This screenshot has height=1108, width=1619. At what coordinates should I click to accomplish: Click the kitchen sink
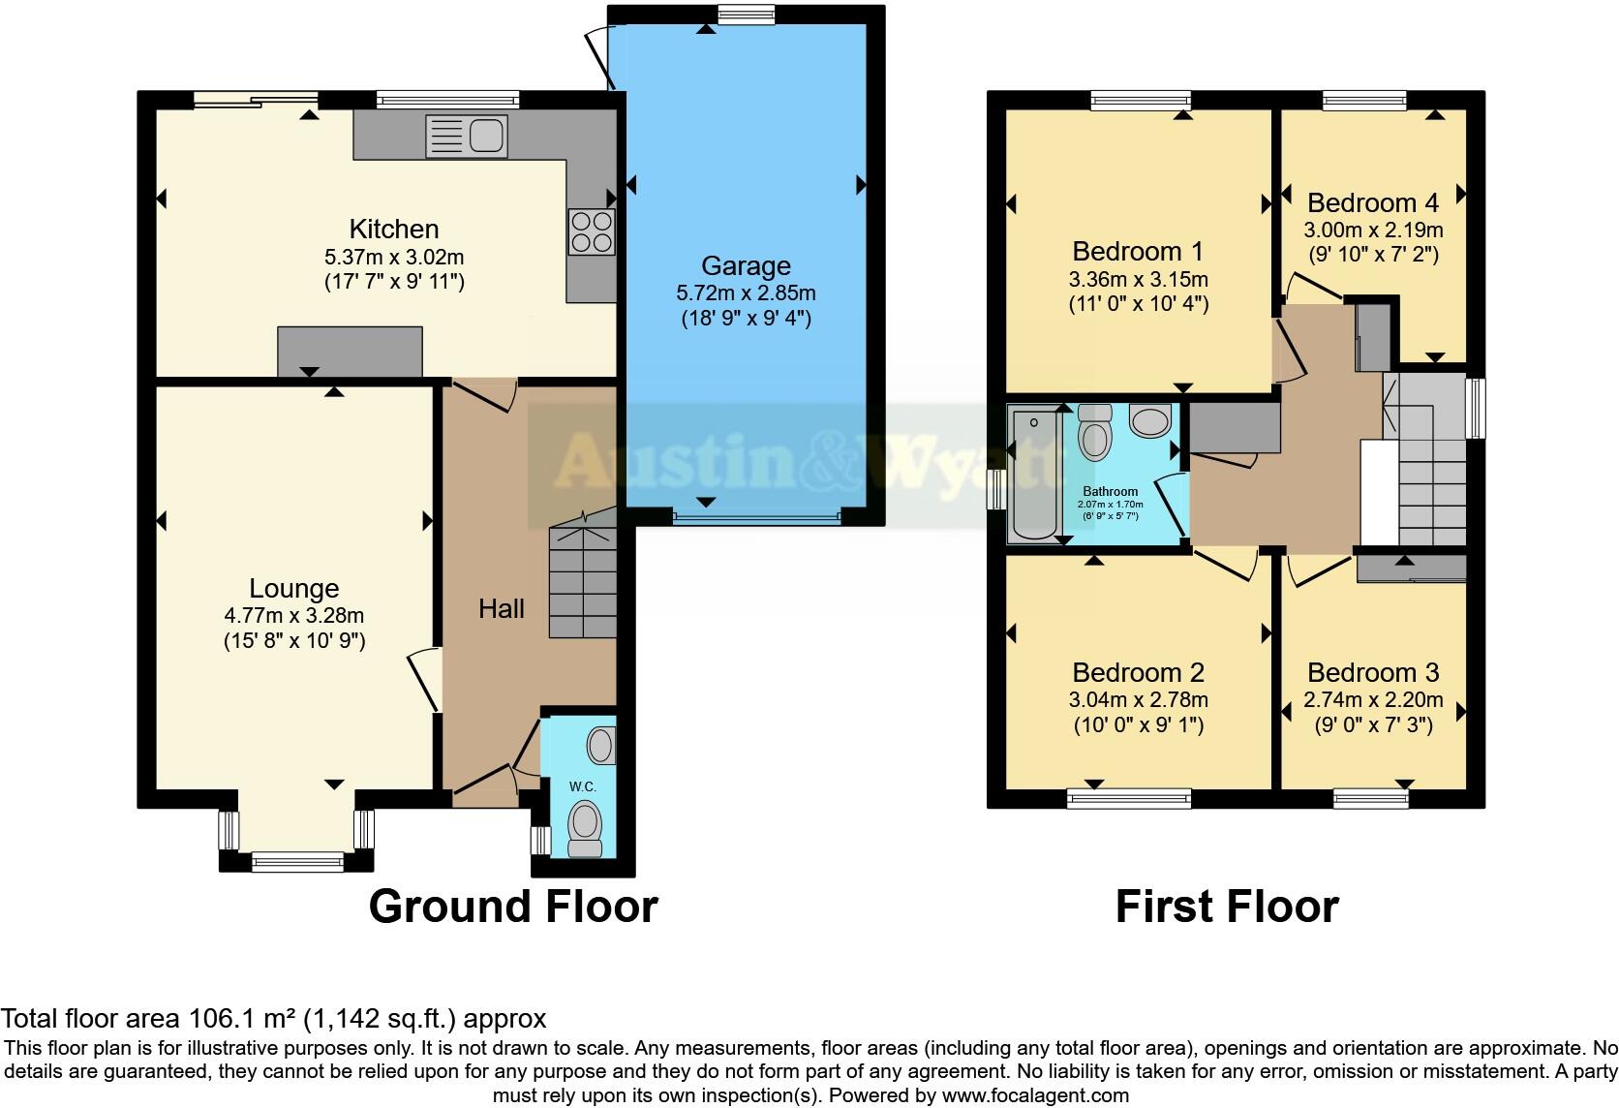coord(467,136)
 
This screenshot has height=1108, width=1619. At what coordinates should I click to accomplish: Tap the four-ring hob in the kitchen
coord(592,231)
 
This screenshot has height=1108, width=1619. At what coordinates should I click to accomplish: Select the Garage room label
coord(746,265)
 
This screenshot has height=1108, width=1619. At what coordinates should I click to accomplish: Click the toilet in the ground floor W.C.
coord(585,828)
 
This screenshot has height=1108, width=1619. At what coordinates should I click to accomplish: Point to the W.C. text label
coord(582,786)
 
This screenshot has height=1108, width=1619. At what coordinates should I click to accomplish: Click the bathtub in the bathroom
coord(1034,474)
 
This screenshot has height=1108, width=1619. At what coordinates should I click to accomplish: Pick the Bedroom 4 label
coord(1372,202)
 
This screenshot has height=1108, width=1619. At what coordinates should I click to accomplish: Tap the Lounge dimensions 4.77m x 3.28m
coord(293,615)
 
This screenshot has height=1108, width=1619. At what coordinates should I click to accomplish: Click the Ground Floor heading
coord(513,907)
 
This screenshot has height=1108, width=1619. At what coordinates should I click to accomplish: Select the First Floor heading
coord(1227,907)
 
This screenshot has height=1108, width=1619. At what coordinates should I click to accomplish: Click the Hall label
coord(502,608)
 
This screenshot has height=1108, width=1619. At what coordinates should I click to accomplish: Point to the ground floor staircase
coord(583,581)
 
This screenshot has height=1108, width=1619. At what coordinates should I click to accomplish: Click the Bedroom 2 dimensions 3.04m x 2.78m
coord(1138,699)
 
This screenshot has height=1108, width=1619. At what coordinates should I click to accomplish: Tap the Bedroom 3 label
coord(1372,672)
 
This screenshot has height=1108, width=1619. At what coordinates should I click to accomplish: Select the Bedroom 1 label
coord(1138,252)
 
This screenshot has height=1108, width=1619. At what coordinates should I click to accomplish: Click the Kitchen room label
coord(394,229)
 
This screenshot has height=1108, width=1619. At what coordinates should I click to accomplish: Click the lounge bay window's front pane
coord(296,857)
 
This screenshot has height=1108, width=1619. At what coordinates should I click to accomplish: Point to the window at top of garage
coord(747,13)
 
